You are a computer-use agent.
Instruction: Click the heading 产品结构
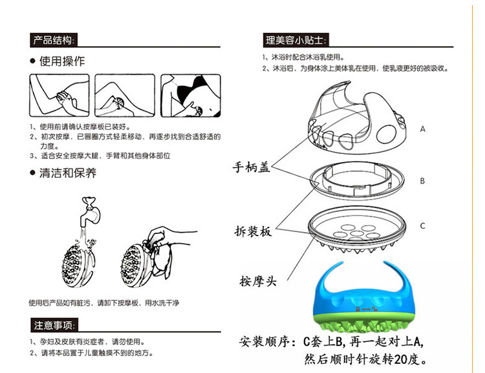pyautogui.click(x=54, y=40)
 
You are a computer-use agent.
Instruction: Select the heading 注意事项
pyautogui.click(x=54, y=325)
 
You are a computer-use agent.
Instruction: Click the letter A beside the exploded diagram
pyautogui.click(x=422, y=129)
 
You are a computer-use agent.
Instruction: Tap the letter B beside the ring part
pyautogui.click(x=422, y=181)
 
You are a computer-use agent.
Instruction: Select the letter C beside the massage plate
pyautogui.click(x=422, y=226)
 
